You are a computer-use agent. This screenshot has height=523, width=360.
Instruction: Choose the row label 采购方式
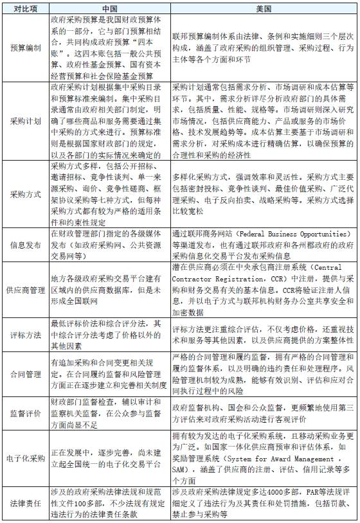(24, 193)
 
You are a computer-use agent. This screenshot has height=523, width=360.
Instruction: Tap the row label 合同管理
(24, 373)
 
